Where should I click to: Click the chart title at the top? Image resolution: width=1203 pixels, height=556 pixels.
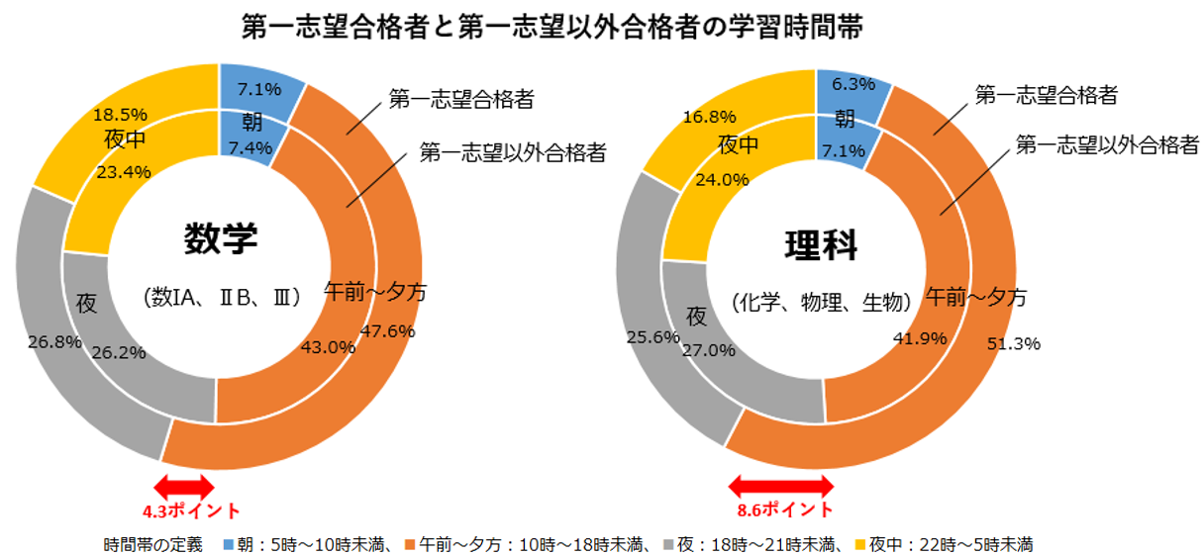click(552, 27)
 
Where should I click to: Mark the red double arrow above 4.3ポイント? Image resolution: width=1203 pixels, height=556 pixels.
click(185, 485)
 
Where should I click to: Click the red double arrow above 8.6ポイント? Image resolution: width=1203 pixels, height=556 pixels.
click(781, 485)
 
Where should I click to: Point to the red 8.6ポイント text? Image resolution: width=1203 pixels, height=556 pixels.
click(782, 510)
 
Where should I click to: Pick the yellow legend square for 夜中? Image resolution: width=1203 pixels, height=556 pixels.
click(860, 543)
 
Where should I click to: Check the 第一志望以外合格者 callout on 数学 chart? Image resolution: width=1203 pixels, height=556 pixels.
click(513, 152)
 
